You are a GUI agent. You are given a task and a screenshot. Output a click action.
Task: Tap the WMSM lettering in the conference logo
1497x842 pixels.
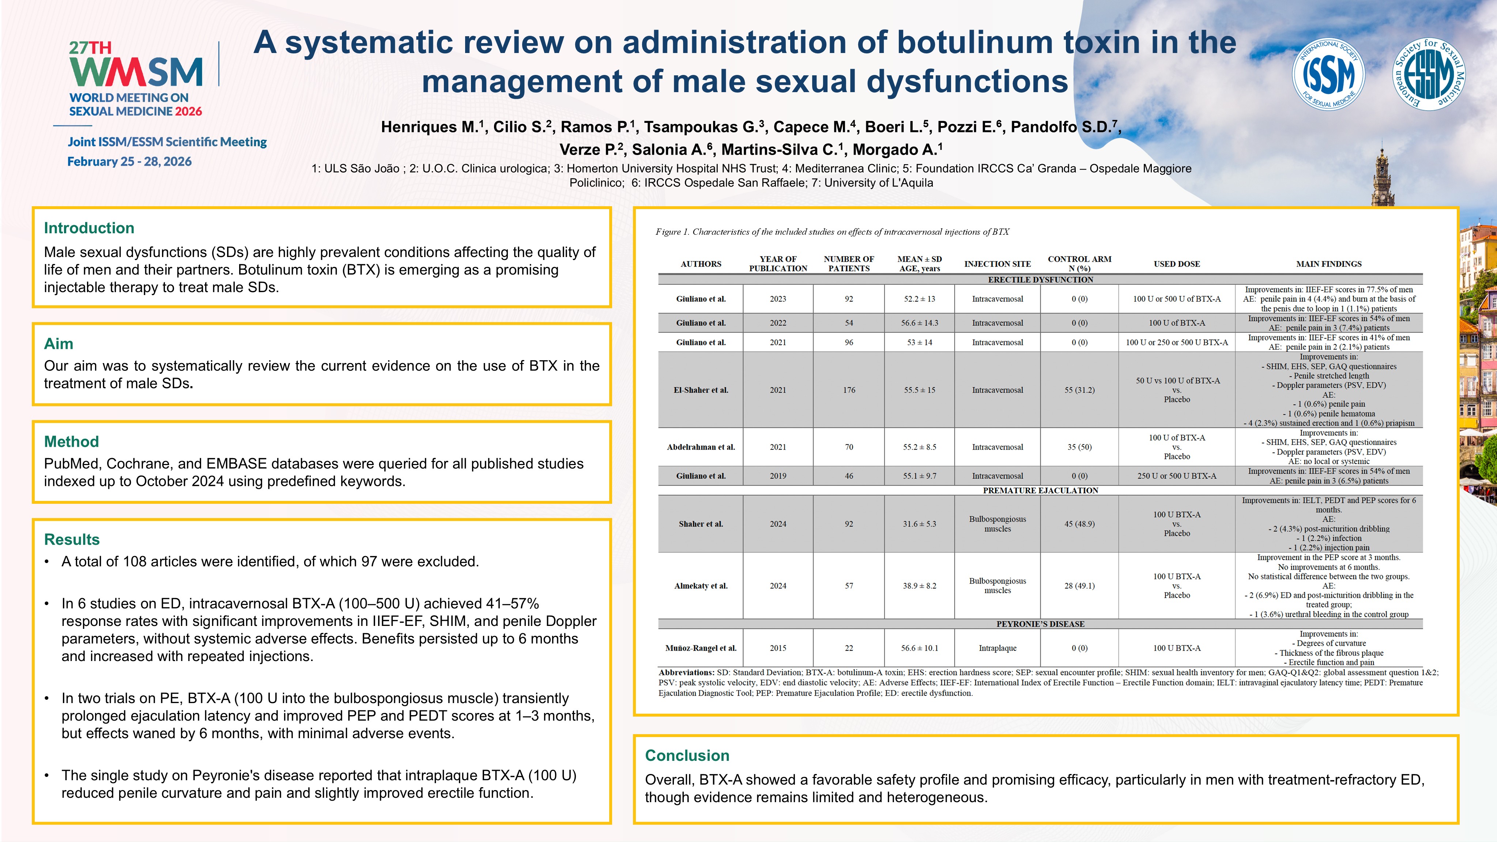[136, 72]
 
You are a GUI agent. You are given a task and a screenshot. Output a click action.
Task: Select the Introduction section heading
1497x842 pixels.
[89, 228]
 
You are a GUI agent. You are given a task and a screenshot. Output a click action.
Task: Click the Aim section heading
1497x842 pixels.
[59, 343]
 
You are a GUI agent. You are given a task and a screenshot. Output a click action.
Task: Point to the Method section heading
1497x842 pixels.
[71, 442]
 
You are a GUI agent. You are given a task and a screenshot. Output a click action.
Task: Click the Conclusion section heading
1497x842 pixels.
[687, 755]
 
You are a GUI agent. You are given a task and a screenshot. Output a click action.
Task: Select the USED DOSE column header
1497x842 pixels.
[1176, 264]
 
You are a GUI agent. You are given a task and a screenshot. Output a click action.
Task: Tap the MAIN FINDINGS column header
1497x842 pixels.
[1328, 264]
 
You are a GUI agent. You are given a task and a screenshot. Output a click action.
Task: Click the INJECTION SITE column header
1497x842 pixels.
[997, 264]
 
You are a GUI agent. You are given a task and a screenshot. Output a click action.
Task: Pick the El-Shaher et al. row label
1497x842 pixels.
[700, 390]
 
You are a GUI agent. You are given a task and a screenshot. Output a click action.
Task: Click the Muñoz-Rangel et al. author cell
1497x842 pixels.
[700, 648]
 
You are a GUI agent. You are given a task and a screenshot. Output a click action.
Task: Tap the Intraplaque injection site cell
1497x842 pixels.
[997, 648]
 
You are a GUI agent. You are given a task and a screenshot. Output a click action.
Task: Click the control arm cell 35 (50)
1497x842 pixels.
[1079, 447]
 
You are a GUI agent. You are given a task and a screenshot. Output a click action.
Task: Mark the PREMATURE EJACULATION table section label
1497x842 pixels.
[1040, 490]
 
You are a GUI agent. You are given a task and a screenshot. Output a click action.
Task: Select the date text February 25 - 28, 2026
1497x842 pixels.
[129, 162]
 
